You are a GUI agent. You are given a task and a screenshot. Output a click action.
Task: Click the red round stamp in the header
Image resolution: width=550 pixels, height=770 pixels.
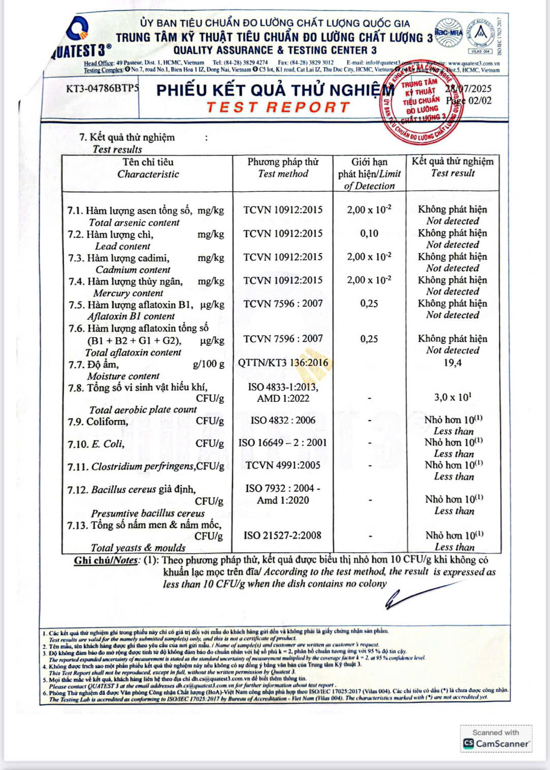423,102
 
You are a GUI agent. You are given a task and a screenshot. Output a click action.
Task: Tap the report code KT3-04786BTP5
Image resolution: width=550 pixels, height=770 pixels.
102,89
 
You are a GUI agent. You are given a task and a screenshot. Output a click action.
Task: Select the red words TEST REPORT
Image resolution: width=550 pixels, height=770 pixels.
278,108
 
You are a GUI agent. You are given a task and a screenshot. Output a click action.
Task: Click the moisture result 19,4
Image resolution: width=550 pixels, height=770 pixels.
452,363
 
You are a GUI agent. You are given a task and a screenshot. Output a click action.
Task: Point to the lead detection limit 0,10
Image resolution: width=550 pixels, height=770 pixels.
369,234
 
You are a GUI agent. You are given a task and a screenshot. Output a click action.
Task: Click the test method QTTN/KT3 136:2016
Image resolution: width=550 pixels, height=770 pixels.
283,363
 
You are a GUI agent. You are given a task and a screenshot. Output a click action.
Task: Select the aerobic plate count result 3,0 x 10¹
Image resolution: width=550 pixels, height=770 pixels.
452,397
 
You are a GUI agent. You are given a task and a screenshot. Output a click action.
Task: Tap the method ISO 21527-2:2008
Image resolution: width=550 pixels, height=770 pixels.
282,535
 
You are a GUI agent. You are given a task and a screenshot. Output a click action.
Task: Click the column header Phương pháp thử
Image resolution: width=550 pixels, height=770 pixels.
283,162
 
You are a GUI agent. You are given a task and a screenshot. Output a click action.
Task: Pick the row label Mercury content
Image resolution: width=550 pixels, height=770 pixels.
128,293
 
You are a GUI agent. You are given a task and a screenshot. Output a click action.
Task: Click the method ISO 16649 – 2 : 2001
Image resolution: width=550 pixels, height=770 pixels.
282,443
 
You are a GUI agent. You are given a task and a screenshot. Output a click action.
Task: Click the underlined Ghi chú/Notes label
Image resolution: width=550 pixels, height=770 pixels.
106,561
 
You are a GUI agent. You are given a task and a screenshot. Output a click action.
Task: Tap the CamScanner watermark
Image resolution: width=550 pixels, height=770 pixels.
496,739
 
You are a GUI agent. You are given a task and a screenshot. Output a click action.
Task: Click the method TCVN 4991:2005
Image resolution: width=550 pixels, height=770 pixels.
283,465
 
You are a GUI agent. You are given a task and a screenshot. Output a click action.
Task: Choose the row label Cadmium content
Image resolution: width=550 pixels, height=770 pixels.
133,270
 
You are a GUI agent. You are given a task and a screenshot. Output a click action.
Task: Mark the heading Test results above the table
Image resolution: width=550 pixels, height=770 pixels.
117,149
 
